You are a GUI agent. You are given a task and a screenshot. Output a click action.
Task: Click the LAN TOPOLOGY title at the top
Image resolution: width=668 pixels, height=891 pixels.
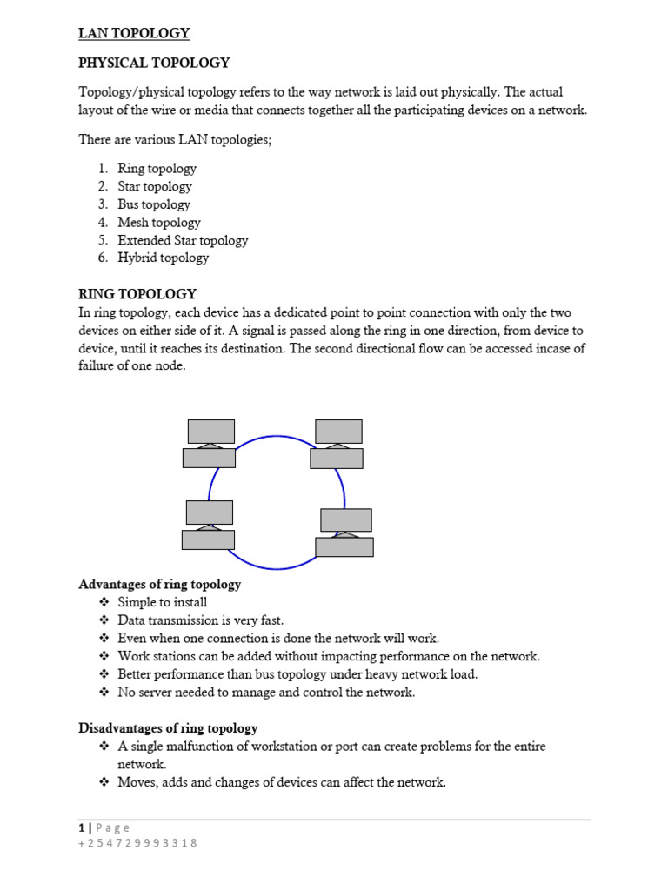click(134, 33)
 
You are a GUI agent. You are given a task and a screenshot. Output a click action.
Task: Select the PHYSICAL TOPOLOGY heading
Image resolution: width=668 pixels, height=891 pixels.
click(154, 63)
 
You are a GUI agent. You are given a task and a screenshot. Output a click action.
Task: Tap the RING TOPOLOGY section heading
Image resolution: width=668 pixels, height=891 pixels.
click(137, 294)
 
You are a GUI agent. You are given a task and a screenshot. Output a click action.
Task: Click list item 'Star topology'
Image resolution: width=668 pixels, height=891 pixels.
click(155, 186)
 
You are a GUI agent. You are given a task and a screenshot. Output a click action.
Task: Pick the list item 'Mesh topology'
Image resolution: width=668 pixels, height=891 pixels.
click(159, 223)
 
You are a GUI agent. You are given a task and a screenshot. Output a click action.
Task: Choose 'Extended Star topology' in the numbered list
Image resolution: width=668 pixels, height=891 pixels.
click(183, 240)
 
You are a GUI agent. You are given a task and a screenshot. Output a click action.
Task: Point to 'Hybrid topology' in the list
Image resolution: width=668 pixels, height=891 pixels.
click(164, 258)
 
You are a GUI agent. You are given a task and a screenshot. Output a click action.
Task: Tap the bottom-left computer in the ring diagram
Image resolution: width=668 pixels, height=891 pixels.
click(209, 525)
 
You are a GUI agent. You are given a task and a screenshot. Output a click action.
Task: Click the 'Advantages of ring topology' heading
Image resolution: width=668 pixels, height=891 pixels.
click(160, 585)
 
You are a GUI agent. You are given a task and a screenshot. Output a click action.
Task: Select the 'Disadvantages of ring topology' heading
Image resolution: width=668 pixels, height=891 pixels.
click(168, 728)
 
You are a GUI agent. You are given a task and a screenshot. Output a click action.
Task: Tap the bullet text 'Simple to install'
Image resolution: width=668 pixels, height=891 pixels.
click(163, 602)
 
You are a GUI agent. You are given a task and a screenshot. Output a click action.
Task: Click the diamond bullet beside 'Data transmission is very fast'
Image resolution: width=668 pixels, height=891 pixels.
click(104, 620)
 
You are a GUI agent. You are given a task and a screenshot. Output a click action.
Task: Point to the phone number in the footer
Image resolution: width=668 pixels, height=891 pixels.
click(137, 843)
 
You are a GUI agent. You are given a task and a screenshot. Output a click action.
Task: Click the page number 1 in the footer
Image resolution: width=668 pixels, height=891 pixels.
click(81, 827)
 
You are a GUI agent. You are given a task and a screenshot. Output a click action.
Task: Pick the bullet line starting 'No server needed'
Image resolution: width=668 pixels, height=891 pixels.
click(266, 693)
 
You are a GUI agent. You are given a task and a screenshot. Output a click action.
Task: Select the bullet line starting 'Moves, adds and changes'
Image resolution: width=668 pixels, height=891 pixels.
click(282, 782)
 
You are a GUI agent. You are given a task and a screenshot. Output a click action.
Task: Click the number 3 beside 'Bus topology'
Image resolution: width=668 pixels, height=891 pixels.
click(102, 204)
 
